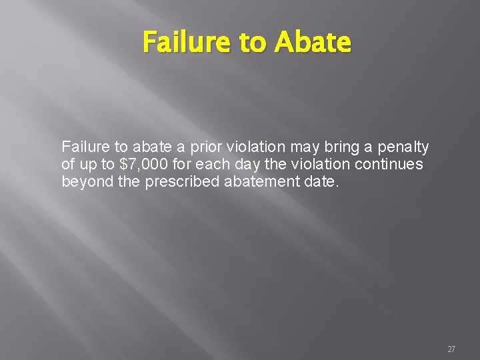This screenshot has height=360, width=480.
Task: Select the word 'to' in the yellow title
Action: [252, 43]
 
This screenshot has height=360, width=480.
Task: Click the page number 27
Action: [451, 349]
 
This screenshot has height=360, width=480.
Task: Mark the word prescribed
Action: [182, 181]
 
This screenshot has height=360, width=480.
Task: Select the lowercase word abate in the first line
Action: [144, 147]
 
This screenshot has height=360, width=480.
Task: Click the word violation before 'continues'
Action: [324, 164]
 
